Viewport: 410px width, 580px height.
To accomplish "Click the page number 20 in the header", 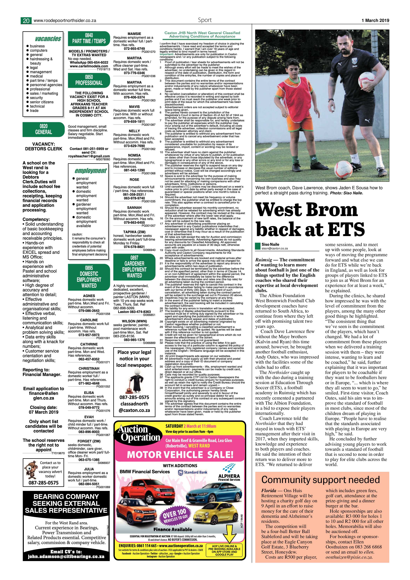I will (x=26, y=21).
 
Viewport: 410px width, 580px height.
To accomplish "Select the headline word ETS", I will (x=344, y=229).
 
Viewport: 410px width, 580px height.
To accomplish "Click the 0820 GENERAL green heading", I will (x=43, y=129).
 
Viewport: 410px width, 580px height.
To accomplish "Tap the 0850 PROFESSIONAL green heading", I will (x=89, y=80).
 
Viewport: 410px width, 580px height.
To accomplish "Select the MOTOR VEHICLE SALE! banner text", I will (x=180, y=455).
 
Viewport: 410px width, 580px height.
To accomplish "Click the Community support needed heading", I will (x=321, y=480).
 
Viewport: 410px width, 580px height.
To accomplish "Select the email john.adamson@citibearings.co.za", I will (x=66, y=563).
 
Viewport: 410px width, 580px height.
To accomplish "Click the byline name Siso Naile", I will (x=270, y=244).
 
